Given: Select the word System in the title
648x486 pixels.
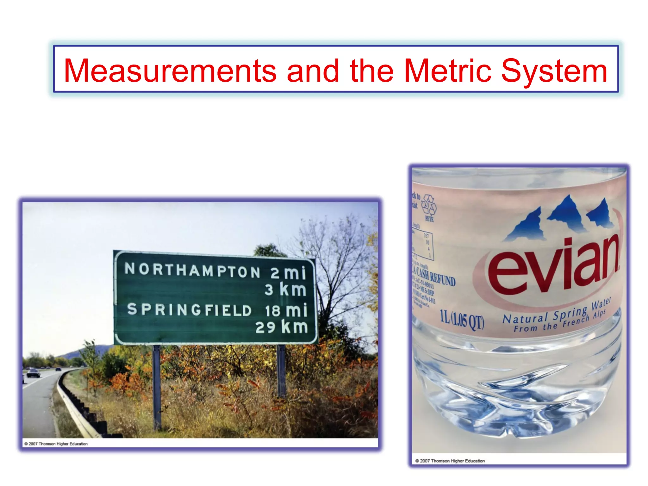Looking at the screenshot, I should (x=554, y=72).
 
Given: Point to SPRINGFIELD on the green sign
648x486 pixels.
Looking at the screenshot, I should (x=189, y=309).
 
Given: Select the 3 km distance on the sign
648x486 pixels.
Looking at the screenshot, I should (x=285, y=290).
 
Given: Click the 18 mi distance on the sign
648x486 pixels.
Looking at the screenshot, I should (x=286, y=310).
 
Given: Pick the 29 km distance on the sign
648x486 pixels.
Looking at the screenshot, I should (x=282, y=327).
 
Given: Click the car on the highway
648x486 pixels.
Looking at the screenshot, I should (x=33, y=373).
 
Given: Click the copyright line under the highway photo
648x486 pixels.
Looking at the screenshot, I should (x=56, y=444).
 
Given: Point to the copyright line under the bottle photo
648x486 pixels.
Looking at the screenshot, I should (x=450, y=461).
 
